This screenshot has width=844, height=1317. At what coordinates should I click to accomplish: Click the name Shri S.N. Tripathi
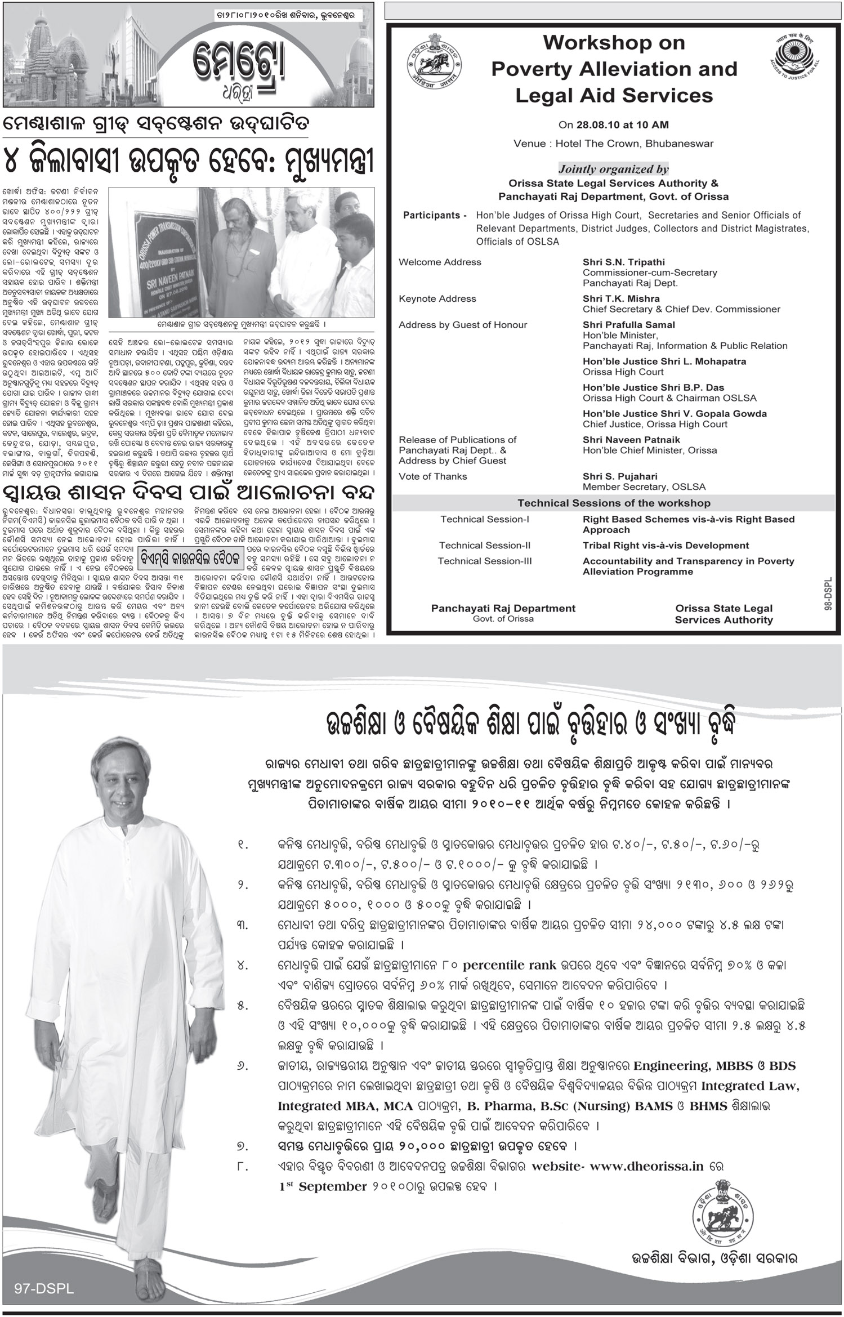pos(615,262)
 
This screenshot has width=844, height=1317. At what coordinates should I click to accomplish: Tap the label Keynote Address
pos(437,298)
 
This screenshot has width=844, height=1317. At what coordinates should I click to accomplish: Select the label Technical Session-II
pos(484,545)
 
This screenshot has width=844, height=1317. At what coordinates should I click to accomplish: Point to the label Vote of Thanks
pos(432,476)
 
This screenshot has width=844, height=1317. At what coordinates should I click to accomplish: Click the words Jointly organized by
pos(613,169)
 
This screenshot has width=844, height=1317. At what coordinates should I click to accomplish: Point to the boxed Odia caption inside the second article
pos(191,559)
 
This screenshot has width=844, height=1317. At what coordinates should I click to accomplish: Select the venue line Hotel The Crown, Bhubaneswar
pos(613,144)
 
